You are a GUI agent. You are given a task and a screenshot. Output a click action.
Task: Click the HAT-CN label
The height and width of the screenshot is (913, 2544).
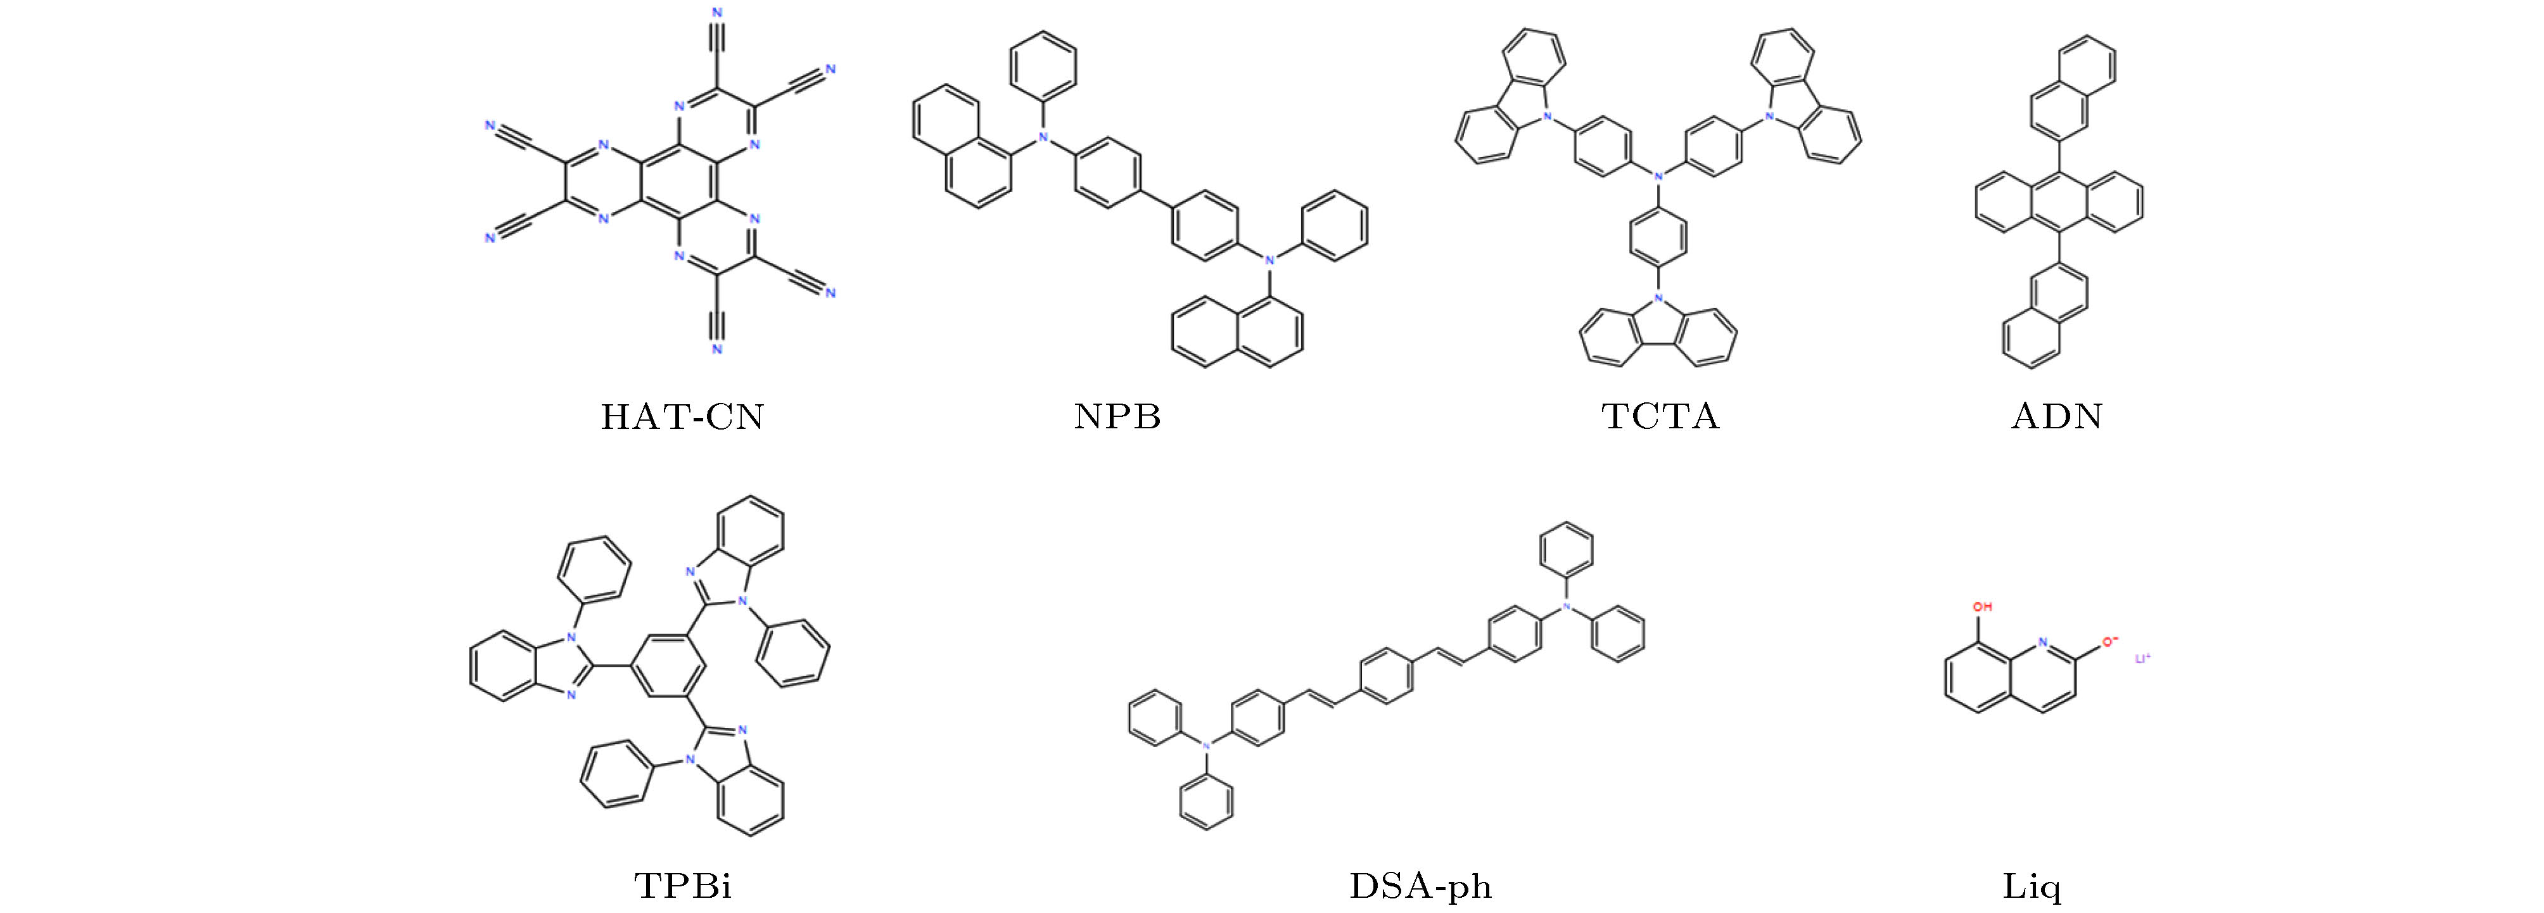(x=682, y=417)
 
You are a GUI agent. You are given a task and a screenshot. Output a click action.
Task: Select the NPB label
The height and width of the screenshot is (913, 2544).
(x=1117, y=417)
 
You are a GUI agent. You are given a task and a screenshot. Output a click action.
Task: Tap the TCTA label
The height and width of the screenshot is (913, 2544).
(x=1660, y=416)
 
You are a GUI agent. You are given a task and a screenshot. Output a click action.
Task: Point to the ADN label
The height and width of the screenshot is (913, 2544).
(x=2057, y=416)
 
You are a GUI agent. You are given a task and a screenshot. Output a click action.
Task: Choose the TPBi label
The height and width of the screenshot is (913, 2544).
(x=682, y=884)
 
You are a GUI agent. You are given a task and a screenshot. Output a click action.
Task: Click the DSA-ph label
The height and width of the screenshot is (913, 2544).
(x=1420, y=885)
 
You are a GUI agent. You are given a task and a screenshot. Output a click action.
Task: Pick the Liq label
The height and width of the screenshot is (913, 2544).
(x=2032, y=885)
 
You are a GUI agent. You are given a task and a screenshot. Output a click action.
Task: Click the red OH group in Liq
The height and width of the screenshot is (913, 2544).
(x=1982, y=607)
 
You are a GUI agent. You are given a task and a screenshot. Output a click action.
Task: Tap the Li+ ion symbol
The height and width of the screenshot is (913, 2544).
(x=2143, y=657)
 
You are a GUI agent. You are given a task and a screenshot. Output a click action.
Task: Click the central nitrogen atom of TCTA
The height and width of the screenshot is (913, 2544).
(x=1659, y=176)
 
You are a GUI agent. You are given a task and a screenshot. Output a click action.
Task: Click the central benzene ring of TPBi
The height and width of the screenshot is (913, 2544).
(x=666, y=666)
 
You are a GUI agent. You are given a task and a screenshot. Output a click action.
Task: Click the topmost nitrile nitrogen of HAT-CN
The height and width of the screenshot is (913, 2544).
(x=717, y=13)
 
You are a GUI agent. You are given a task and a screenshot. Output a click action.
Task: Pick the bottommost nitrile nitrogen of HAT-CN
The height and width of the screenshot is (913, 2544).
(x=717, y=349)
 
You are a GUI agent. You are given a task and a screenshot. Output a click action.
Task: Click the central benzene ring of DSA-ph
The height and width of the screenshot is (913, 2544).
(x=1387, y=676)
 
